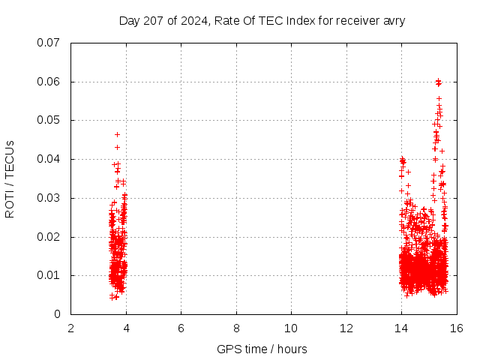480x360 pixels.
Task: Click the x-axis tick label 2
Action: [x=70, y=328]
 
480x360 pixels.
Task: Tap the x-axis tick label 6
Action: [x=181, y=328]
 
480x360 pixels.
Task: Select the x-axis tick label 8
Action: [x=236, y=328]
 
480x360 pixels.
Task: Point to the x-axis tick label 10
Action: [x=291, y=328]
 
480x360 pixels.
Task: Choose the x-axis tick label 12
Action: [x=346, y=328]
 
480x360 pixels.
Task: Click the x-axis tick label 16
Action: [x=456, y=328]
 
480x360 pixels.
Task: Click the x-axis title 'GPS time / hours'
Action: [x=262, y=349]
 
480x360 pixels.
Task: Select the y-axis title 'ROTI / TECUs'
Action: [x=10, y=178]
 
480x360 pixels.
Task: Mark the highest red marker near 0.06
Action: [x=438, y=80]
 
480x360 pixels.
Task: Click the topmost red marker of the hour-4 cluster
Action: [x=117, y=134]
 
